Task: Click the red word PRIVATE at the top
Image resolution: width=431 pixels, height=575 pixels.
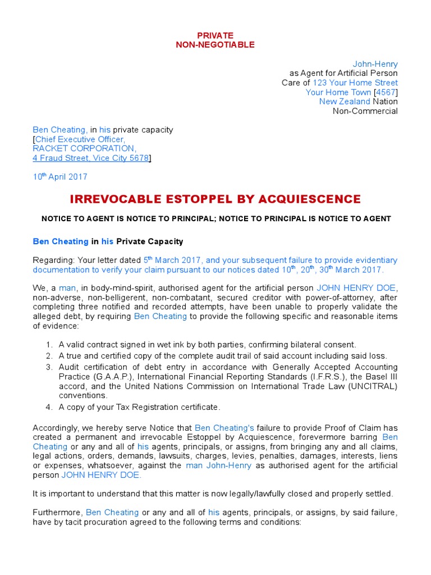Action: point(215,35)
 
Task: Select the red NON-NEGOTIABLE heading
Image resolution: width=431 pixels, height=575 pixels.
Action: point(215,44)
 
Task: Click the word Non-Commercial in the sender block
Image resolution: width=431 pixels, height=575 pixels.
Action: point(365,111)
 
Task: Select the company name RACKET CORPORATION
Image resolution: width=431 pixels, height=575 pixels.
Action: point(84,149)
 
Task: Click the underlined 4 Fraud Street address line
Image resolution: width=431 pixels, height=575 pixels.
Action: point(90,158)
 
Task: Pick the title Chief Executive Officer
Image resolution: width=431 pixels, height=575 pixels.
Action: point(80,139)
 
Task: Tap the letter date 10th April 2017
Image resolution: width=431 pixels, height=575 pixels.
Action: point(60,177)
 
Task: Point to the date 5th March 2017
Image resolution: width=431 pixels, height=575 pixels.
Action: point(169,261)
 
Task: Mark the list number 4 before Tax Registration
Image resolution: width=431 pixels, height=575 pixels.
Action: point(49,407)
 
